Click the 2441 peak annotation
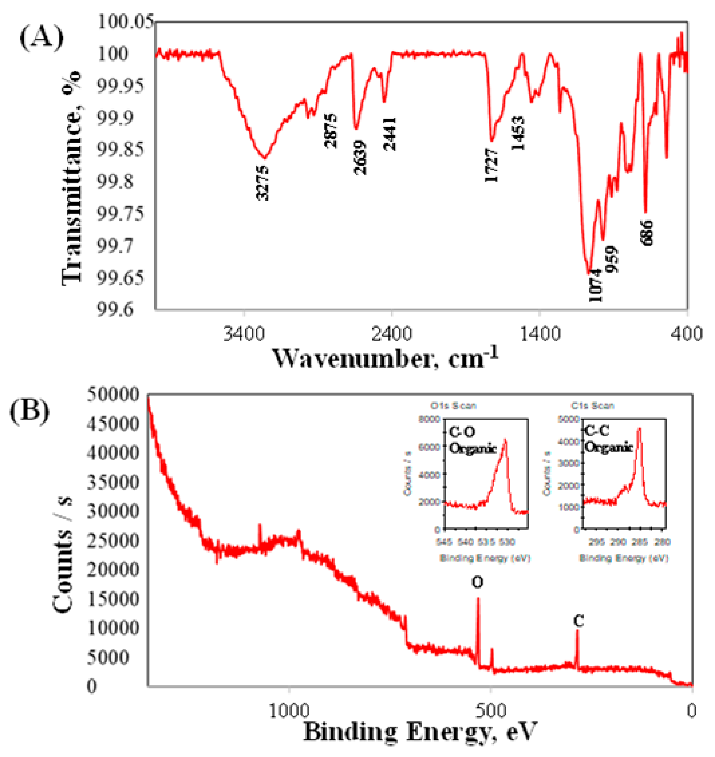tap(390, 134)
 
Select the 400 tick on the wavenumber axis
tap(687, 334)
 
